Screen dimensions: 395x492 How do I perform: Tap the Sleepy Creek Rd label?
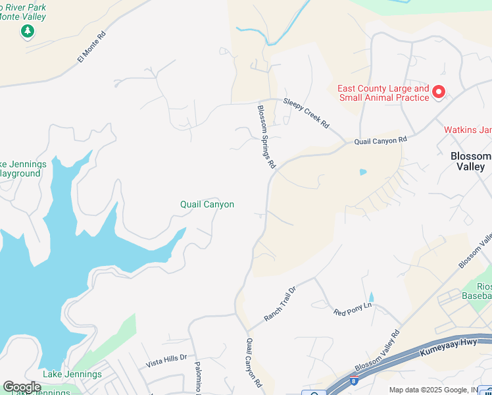(306, 113)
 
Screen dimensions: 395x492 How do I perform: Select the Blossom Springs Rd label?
(266, 137)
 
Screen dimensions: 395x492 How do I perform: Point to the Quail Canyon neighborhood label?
(207, 205)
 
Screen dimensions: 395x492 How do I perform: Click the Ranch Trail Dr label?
(281, 303)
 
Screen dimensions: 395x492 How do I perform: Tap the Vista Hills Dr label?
(166, 359)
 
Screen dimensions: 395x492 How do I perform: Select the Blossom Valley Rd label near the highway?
(377, 360)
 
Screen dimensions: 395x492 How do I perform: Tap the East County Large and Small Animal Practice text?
(383, 93)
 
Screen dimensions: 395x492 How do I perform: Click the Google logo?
(22, 386)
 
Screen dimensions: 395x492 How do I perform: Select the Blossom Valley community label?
(470, 161)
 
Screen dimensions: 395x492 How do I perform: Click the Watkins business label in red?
(468, 130)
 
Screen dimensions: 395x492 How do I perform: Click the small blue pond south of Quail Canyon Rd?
(362, 172)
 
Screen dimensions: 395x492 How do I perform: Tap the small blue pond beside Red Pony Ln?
(370, 298)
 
